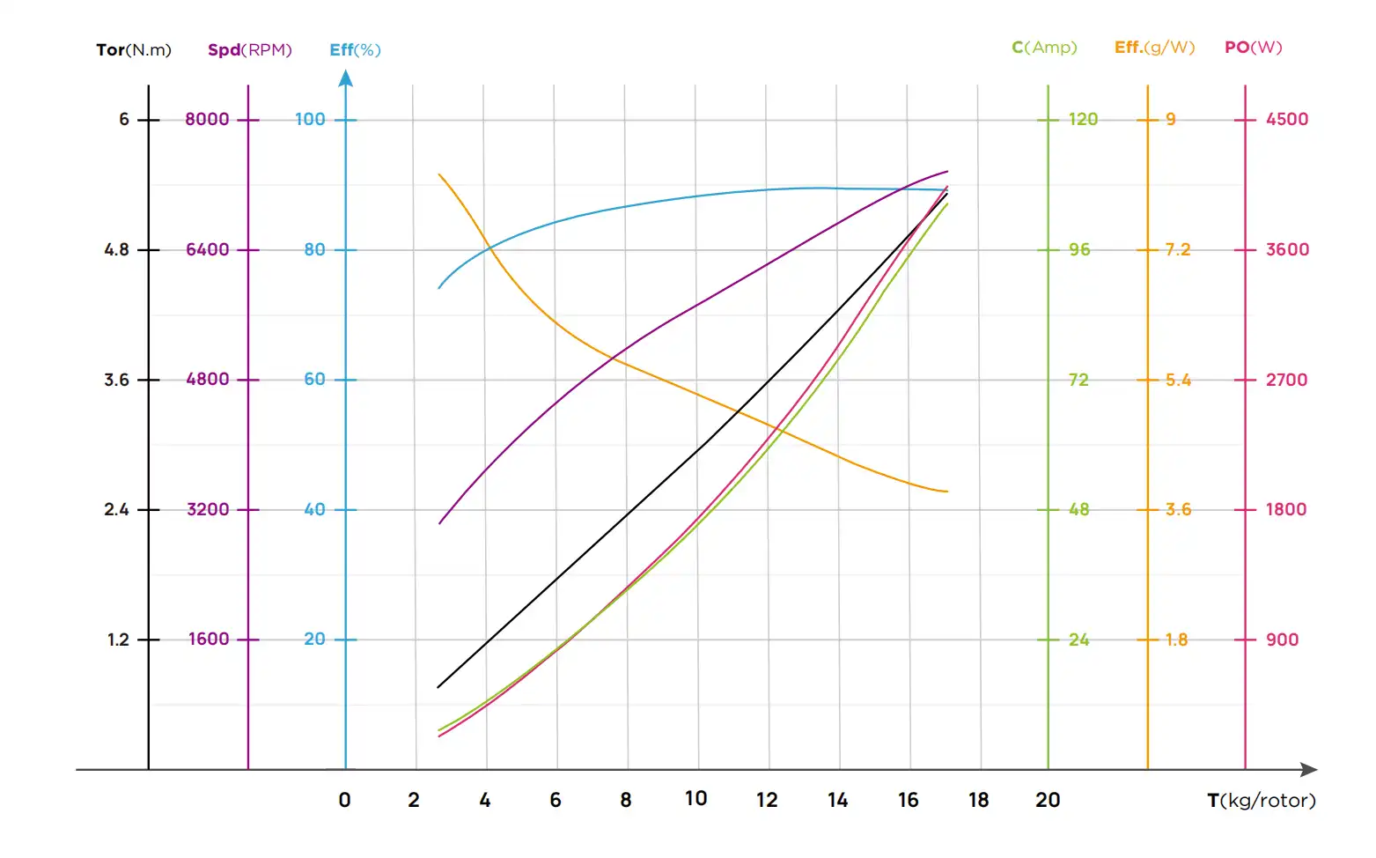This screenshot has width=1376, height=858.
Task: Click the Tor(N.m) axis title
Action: pyautogui.click(x=134, y=49)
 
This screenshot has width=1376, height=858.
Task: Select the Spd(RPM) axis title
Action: pyautogui.click(x=249, y=49)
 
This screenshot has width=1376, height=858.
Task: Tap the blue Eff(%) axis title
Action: pyautogui.click(x=355, y=49)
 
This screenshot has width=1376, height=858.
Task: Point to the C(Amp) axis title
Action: pyautogui.click(x=1044, y=47)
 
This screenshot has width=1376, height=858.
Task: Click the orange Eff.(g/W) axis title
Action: pyautogui.click(x=1154, y=47)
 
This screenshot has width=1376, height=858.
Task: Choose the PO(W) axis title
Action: pyautogui.click(x=1253, y=47)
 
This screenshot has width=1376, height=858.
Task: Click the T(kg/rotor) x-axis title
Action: pyautogui.click(x=1261, y=800)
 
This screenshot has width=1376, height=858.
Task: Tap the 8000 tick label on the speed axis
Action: pyautogui.click(x=207, y=119)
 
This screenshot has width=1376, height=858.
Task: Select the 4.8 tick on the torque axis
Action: pyautogui.click(x=116, y=249)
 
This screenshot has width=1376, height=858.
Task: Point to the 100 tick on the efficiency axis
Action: pyautogui.click(x=310, y=119)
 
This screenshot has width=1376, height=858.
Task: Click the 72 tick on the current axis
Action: pyautogui.click(x=1078, y=380)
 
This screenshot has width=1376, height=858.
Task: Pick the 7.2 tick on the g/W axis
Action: pyautogui.click(x=1178, y=249)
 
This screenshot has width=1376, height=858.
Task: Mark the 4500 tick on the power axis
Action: pyautogui.click(x=1286, y=119)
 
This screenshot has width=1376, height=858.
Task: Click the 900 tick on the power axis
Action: pyautogui.click(x=1282, y=640)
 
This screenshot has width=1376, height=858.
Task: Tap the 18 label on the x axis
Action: pyautogui.click(x=978, y=800)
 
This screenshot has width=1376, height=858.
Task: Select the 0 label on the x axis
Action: pyautogui.click(x=344, y=800)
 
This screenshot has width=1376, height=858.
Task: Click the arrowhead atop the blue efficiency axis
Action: pyautogui.click(x=346, y=78)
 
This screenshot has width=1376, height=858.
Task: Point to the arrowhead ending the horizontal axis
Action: pyautogui.click(x=1309, y=769)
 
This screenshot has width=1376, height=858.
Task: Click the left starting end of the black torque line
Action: pyautogui.click(x=438, y=687)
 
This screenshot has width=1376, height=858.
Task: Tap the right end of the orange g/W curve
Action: pyautogui.click(x=947, y=492)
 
